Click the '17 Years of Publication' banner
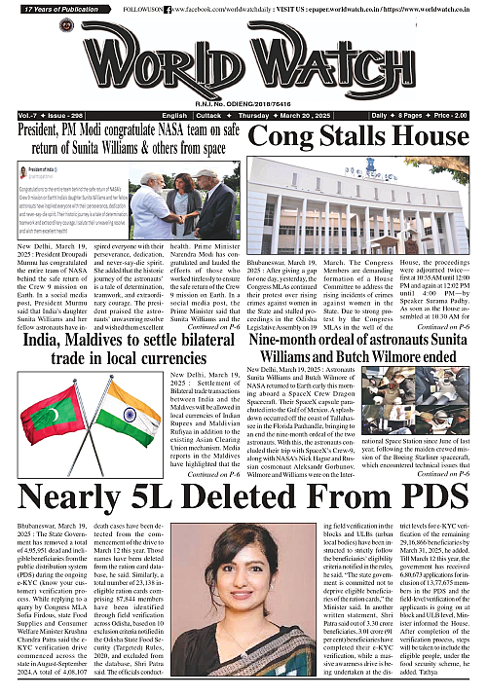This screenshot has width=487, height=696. click(x=56, y=9)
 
